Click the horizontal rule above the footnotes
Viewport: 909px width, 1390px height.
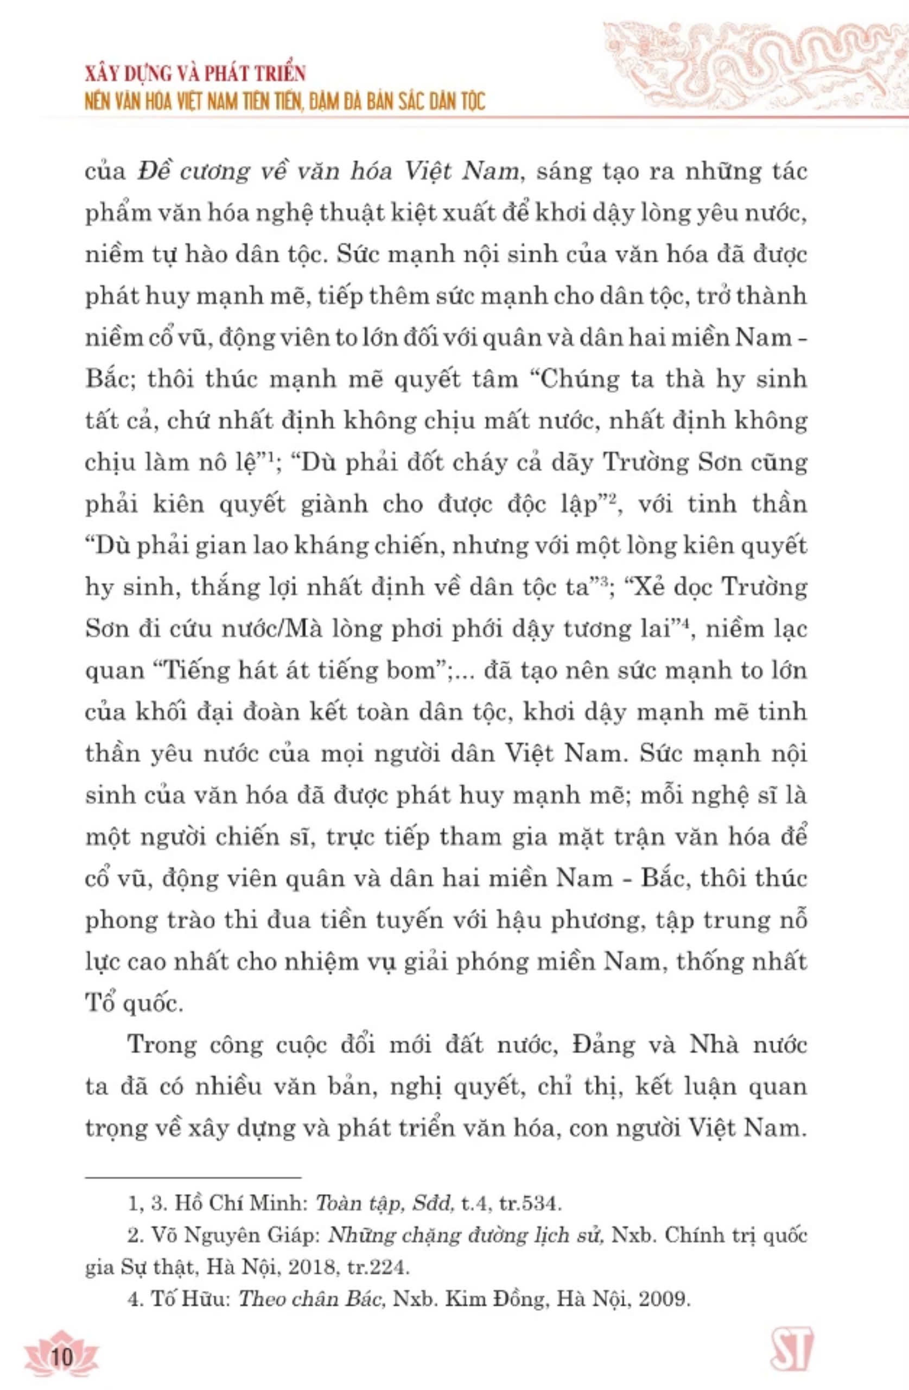(x=193, y=1179)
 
